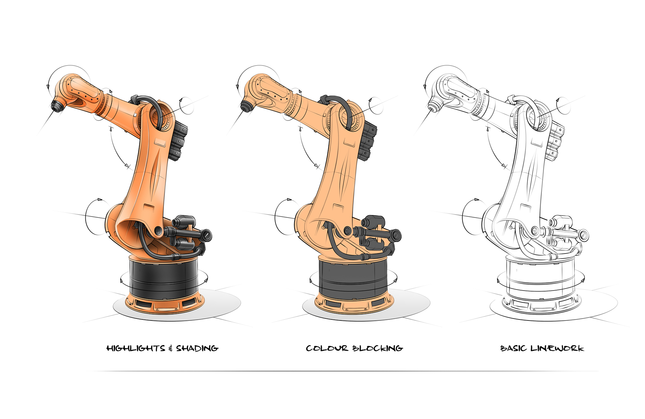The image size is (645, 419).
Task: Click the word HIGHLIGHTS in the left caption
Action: [136, 348]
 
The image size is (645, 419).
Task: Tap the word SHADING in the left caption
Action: [197, 348]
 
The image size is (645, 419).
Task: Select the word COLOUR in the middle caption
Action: [327, 348]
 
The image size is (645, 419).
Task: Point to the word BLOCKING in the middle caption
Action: [378, 348]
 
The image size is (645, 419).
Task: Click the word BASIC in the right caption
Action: [513, 348]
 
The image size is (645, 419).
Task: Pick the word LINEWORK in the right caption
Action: [557, 348]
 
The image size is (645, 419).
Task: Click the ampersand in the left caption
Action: [171, 348]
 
